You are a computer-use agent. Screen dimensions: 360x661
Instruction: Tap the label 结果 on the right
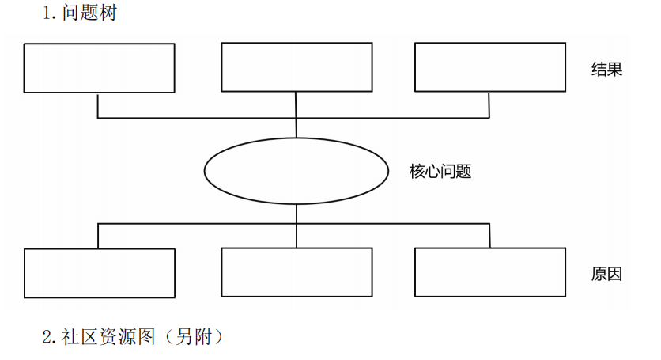point(606,70)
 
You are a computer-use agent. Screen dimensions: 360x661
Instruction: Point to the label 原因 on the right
point(606,274)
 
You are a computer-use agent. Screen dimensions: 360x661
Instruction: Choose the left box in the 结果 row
point(100,68)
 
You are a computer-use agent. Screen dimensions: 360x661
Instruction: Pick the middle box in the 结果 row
point(297,67)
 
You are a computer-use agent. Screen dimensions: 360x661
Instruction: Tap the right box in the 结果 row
point(490,67)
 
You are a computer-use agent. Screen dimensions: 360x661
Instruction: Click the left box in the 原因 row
point(100,273)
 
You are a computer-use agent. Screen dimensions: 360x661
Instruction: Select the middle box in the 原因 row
point(297,272)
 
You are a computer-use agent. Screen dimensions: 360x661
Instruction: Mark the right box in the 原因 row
point(490,272)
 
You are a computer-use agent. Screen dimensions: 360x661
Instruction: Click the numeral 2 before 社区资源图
point(47,337)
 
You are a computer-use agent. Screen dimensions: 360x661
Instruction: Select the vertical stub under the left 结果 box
point(98,105)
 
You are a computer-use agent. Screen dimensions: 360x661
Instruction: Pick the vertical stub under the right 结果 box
point(489,105)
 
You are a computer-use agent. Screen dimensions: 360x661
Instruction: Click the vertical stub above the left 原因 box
point(98,236)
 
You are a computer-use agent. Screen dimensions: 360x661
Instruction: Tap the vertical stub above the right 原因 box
point(489,236)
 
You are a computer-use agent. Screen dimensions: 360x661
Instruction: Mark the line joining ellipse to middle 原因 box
point(297,225)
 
